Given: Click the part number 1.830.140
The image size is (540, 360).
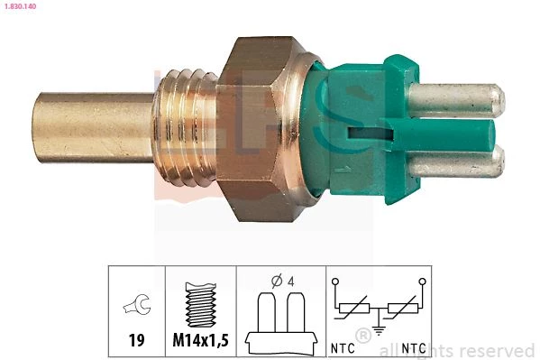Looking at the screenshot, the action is coord(21,5).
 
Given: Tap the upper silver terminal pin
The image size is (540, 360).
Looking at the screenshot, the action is coord(456,98).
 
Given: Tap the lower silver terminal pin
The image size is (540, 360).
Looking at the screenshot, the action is coord(457,162).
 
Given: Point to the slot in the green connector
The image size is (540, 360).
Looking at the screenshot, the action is coord(371,134).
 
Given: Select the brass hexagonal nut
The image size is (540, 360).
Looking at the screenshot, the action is coord(258,129).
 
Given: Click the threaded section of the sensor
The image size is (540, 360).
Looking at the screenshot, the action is coord(186,128).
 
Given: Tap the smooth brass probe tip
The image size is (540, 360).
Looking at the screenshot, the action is coord(93,127).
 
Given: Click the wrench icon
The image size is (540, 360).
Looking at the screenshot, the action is coord(137,304).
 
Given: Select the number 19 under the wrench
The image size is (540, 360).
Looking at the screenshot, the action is coord(137,340).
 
